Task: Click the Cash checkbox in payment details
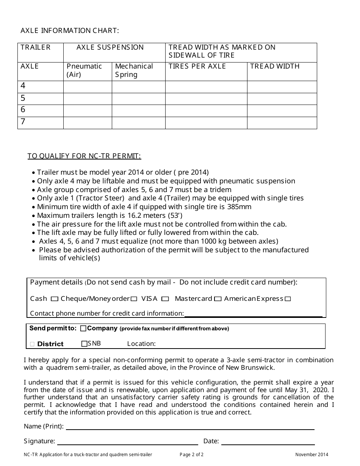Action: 54,299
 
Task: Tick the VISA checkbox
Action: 165,299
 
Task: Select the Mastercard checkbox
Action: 218,299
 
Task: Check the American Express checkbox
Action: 288,299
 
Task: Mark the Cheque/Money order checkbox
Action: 134,299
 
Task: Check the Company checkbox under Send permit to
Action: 83,328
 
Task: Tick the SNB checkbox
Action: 84,344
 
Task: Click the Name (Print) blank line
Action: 190,427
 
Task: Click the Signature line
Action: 127,442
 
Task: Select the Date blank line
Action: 268,442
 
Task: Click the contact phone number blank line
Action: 253,314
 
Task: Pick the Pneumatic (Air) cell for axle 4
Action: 88,87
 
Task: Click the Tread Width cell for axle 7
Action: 282,123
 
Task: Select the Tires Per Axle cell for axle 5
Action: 206,99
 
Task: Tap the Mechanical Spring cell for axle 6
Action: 138,111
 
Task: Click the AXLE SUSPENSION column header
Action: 110,47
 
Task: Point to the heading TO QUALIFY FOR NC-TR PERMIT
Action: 84,156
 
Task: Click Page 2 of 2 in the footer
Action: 191,455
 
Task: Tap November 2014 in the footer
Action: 312,455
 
